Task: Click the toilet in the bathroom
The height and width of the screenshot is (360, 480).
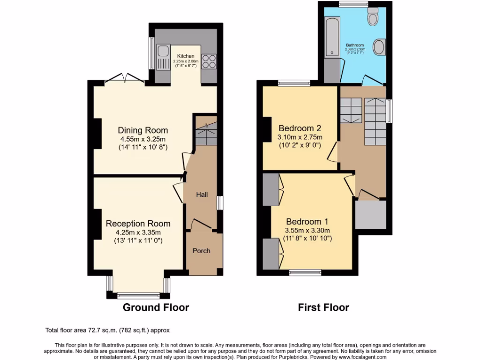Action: pos(373,17)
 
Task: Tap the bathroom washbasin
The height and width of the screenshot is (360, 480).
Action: pos(378,47)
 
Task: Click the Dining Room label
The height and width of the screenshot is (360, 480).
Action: pos(142,130)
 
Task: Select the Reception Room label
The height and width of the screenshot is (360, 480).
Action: pos(138,224)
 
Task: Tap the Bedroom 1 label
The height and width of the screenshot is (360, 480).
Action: pos(307,221)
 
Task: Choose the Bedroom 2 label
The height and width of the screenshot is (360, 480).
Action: pos(300,128)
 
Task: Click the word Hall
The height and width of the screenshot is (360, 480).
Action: pos(202,195)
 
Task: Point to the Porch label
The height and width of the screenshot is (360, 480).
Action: pos(202,251)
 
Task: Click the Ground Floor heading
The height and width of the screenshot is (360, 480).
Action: pos(156,307)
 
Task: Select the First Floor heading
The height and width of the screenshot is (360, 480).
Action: pos(323,307)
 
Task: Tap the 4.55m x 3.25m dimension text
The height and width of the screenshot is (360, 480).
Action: pos(142,139)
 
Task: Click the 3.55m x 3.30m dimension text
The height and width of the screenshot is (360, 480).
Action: pos(307,230)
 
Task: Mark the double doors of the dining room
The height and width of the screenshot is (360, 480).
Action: pos(124,79)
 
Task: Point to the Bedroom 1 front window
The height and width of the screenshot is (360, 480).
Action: pos(305,271)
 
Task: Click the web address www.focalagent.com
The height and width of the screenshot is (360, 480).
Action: pos(360,357)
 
